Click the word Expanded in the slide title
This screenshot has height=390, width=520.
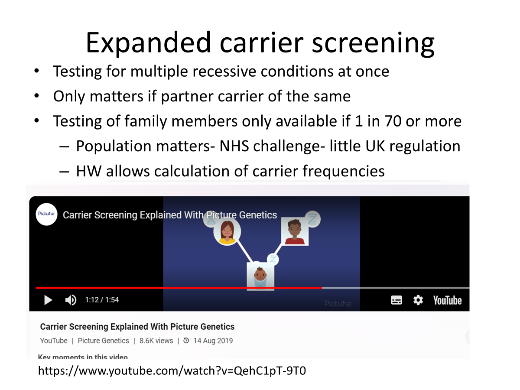click(148, 43)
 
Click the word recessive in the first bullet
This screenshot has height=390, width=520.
click(224, 71)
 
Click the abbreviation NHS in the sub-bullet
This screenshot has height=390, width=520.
click(234, 146)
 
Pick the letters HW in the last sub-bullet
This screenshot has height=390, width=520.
click(89, 171)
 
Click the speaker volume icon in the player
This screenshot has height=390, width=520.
click(71, 300)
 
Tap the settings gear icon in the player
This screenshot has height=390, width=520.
click(418, 300)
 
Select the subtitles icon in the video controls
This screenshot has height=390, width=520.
click(396, 300)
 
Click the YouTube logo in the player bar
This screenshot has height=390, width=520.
click(447, 300)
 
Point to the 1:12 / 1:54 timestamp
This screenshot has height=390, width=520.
click(102, 300)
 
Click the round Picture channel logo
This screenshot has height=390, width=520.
click(46, 214)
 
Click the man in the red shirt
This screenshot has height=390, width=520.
click(295, 231)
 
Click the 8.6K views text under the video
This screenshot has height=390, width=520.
click(156, 341)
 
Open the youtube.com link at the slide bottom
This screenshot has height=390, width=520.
click(172, 371)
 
